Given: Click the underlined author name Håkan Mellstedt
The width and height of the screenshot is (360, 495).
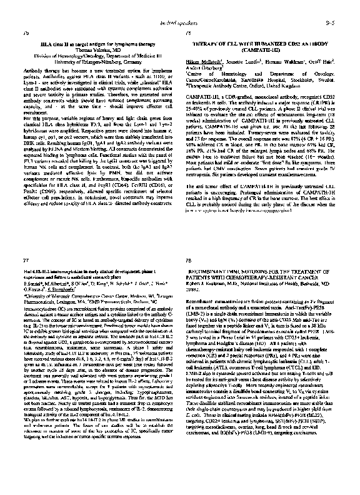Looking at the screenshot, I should [x=201, y=63].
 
